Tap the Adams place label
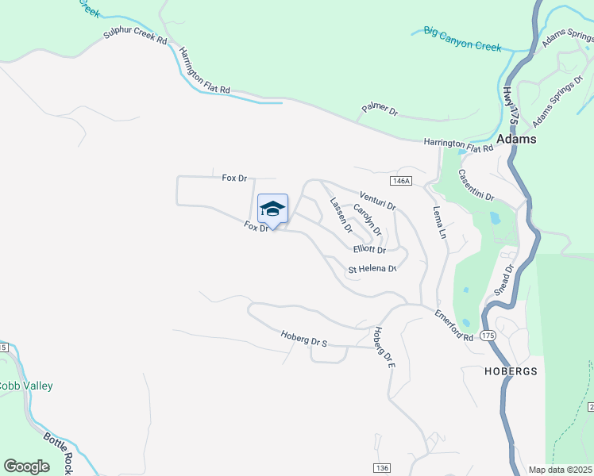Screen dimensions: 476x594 coord(516,139)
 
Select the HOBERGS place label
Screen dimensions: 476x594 coord(511,370)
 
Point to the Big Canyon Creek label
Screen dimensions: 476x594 coord(462,39)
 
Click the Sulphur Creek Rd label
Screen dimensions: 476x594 coord(135,37)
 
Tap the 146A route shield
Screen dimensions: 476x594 coord(402,181)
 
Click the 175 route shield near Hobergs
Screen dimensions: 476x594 coord(488,336)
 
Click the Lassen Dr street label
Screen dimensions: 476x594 coord(341,215)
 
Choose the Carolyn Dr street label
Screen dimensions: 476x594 coord(367,220)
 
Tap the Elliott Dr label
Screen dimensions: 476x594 coord(369,250)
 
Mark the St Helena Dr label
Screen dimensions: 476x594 coord(372,269)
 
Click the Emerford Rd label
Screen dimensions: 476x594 coord(453,325)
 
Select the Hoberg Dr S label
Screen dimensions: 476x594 coord(304,338)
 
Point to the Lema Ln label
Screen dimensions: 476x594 coord(438,223)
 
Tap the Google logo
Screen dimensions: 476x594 coord(27,466)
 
